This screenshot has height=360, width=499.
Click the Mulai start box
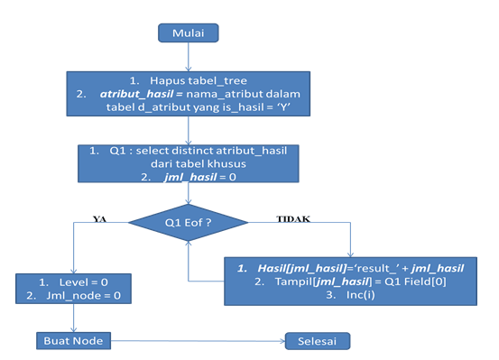tap(189, 33)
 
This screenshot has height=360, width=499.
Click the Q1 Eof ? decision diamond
tap(187, 219)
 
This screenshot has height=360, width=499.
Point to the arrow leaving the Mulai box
tap(189, 56)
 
